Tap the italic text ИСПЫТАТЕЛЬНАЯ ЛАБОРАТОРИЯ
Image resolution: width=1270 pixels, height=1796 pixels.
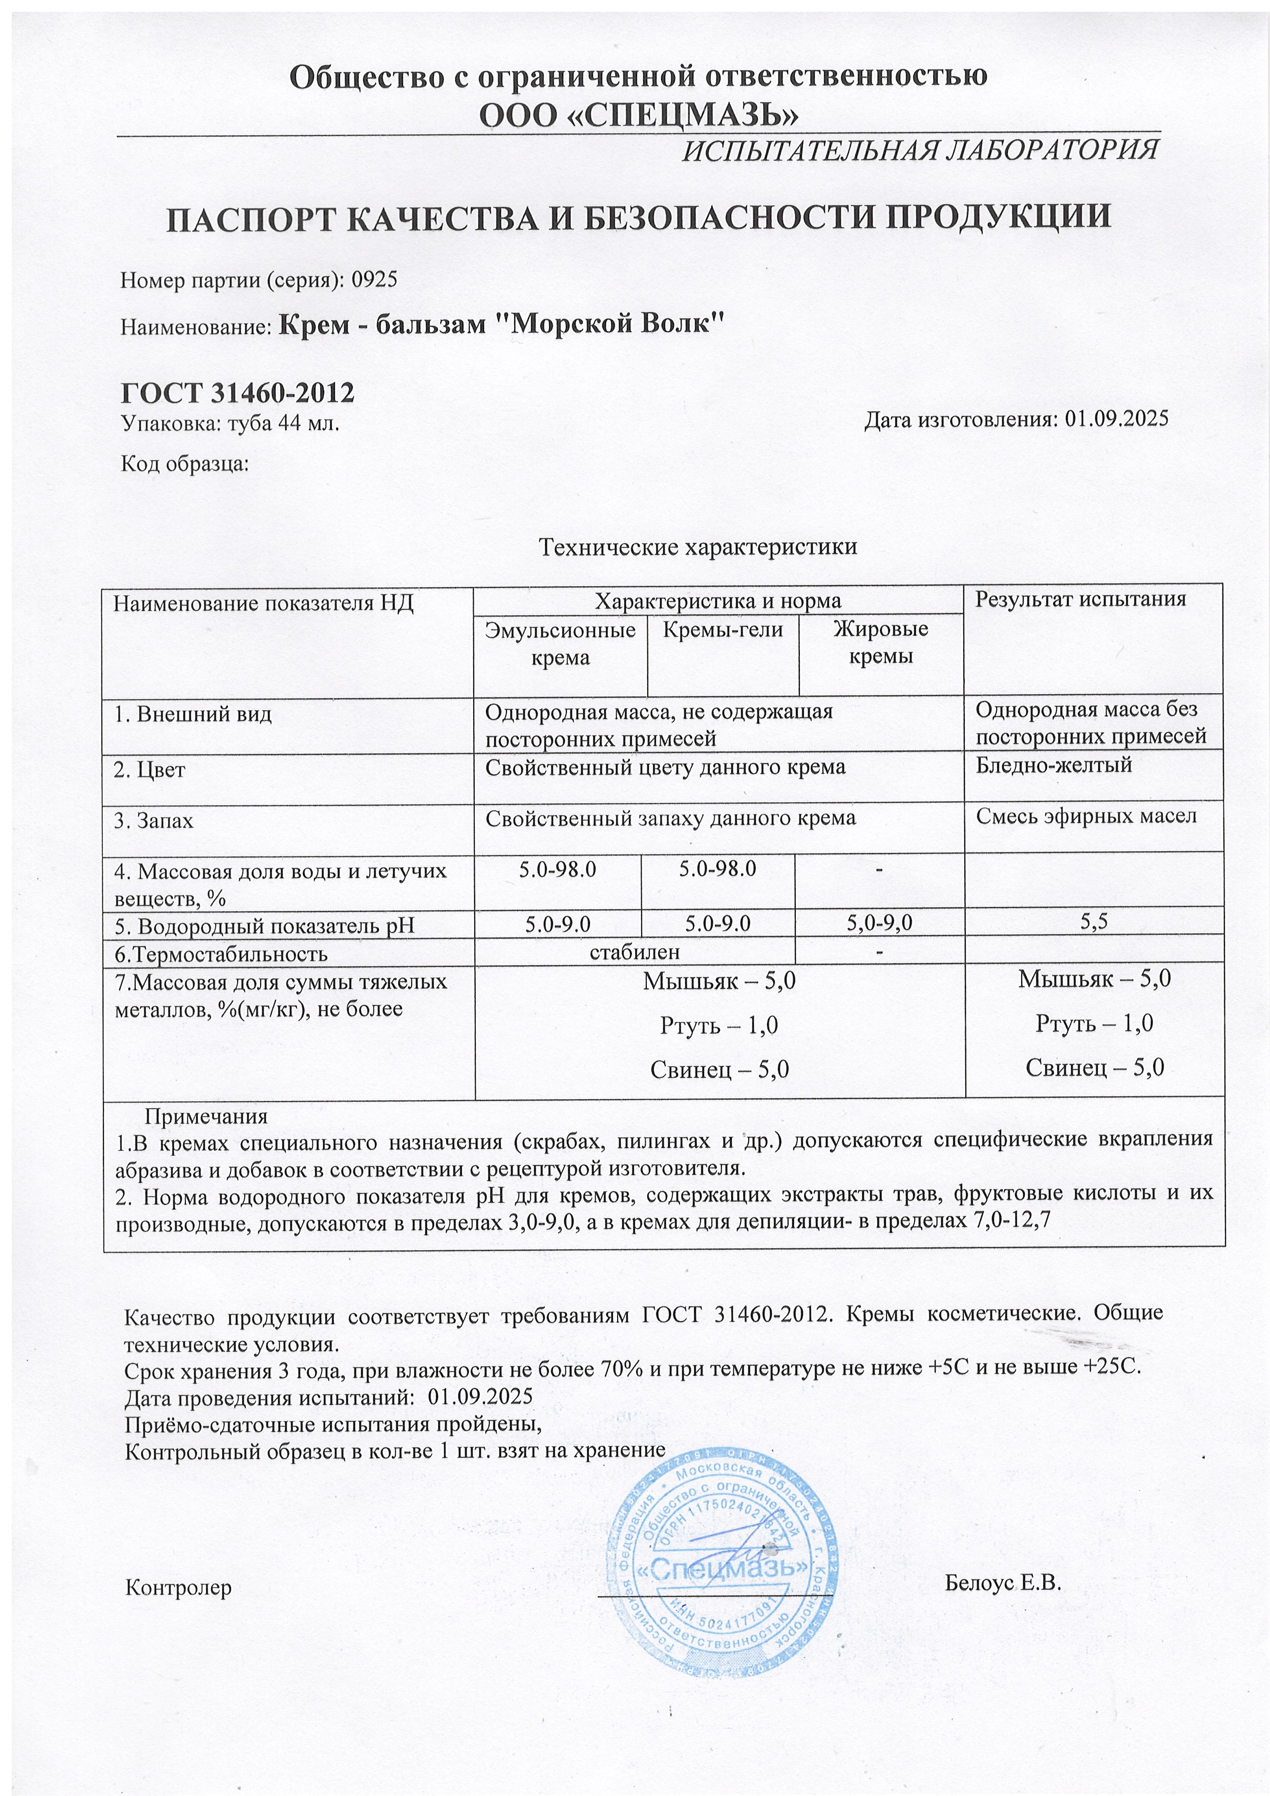920,150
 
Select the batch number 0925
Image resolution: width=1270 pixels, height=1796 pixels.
375,279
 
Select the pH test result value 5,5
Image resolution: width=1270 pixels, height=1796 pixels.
1093,923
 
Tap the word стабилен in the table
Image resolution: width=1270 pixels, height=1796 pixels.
634,952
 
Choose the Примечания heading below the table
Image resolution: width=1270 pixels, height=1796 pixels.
206,1116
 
